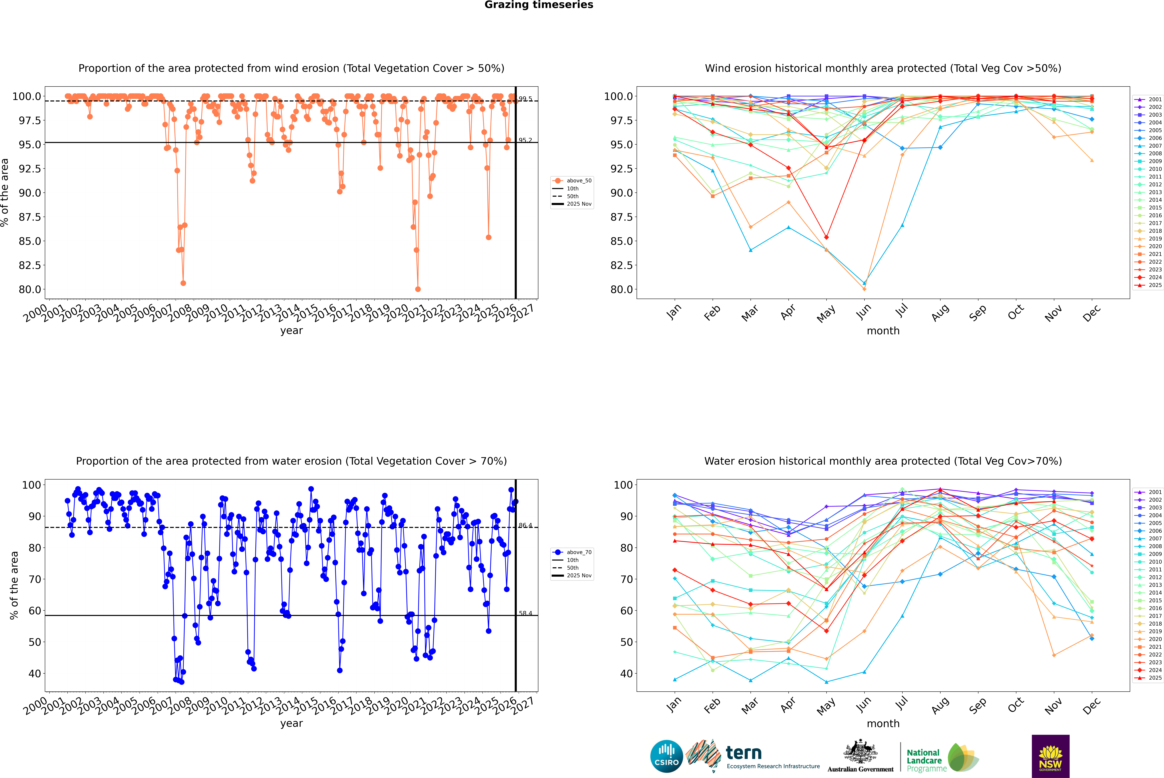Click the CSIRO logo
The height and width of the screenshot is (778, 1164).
666,756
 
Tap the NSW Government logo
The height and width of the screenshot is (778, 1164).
1050,756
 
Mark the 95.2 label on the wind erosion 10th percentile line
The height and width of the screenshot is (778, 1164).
525,140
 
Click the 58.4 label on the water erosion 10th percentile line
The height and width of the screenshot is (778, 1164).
525,613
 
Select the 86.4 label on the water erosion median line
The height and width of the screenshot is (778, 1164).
525,525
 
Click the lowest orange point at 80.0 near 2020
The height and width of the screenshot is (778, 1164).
418,289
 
